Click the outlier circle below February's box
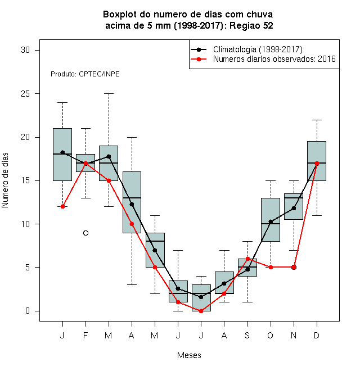coord(85,233)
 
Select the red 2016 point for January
coord(62,206)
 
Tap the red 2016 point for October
coord(271,268)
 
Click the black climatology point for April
coord(132,204)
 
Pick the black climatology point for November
coord(294,208)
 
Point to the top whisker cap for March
coord(109,94)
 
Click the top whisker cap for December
coord(317,120)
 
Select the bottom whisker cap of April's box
coord(132,284)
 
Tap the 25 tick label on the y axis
coord(25,94)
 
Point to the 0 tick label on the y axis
coord(28,311)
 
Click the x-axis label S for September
coord(247,335)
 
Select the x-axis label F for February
coord(85,335)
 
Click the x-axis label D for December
coord(317,335)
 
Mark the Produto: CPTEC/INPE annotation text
coord(85,74)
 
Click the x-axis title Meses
coord(189,355)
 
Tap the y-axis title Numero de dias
coord(5,180)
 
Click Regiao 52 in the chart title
coord(251,25)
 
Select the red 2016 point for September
coord(247,259)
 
